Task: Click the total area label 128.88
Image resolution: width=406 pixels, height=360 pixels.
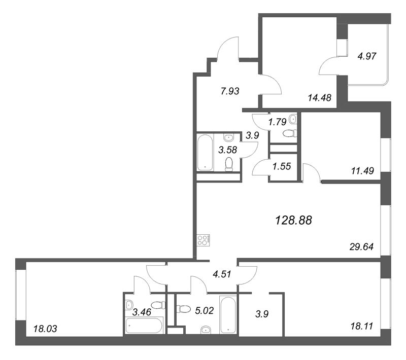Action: (293, 220)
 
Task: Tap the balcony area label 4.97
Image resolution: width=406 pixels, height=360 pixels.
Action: (366, 56)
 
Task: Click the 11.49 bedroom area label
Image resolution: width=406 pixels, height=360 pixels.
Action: (362, 171)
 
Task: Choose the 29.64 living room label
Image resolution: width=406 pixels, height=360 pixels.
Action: (362, 247)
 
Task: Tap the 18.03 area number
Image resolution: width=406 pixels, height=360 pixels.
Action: (45, 329)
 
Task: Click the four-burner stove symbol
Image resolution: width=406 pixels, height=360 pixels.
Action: (204, 239)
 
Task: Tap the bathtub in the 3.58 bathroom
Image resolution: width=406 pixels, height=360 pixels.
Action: (205, 152)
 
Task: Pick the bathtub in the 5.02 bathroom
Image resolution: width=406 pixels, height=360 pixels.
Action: (228, 315)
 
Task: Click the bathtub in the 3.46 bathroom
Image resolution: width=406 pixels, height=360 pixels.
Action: (144, 326)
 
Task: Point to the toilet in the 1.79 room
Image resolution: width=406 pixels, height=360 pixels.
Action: (290, 133)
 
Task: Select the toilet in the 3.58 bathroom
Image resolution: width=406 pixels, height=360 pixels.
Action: (229, 163)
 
